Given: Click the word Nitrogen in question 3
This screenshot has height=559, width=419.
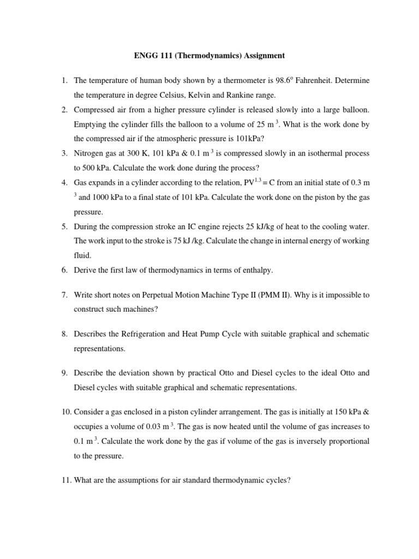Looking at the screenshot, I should pos(90,154).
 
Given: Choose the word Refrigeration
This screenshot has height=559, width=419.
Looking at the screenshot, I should pos(140,334).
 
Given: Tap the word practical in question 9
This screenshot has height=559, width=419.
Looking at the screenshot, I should pos(207,373).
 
